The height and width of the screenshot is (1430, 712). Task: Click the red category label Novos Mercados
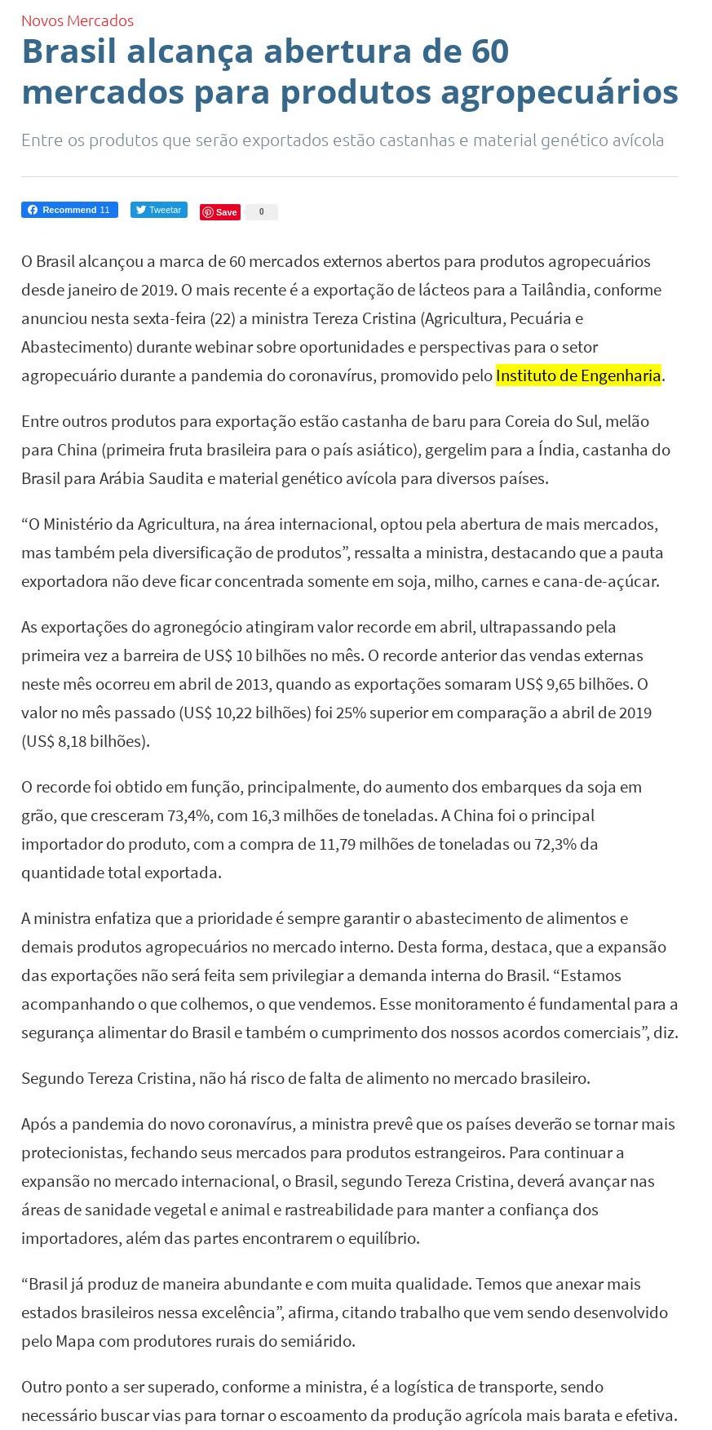pyautogui.click(x=77, y=20)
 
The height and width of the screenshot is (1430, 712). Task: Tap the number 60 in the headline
pyautogui.click(x=489, y=51)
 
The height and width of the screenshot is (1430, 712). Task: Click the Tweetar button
pyautogui.click(x=159, y=210)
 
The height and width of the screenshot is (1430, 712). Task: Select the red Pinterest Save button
pyautogui.click(x=220, y=212)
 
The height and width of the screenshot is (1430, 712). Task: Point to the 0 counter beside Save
pyautogui.click(x=262, y=212)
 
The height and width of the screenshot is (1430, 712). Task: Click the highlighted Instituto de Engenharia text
pyautogui.click(x=578, y=375)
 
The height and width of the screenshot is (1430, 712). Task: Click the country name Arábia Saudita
pyautogui.click(x=151, y=478)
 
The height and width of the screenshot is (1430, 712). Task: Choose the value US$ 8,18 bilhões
pyautogui.click(x=85, y=741)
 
